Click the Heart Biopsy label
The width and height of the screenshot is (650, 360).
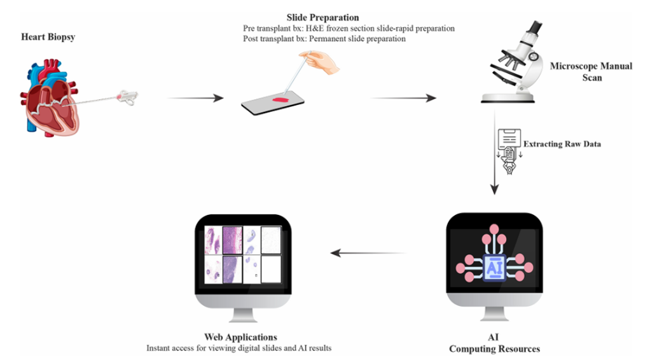[48, 37]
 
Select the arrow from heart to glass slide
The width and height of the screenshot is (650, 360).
[195, 98]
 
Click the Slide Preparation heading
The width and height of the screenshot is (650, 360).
[331, 17]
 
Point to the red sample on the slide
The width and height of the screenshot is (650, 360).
[280, 100]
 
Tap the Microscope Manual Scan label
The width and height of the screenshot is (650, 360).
[591, 71]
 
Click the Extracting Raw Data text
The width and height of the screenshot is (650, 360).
[562, 144]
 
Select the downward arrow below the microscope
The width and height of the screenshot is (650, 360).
[495, 153]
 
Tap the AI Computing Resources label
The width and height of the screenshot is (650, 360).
[494, 343]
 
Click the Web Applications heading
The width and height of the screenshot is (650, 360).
[240, 336]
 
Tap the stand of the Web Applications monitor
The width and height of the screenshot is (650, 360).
[240, 313]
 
